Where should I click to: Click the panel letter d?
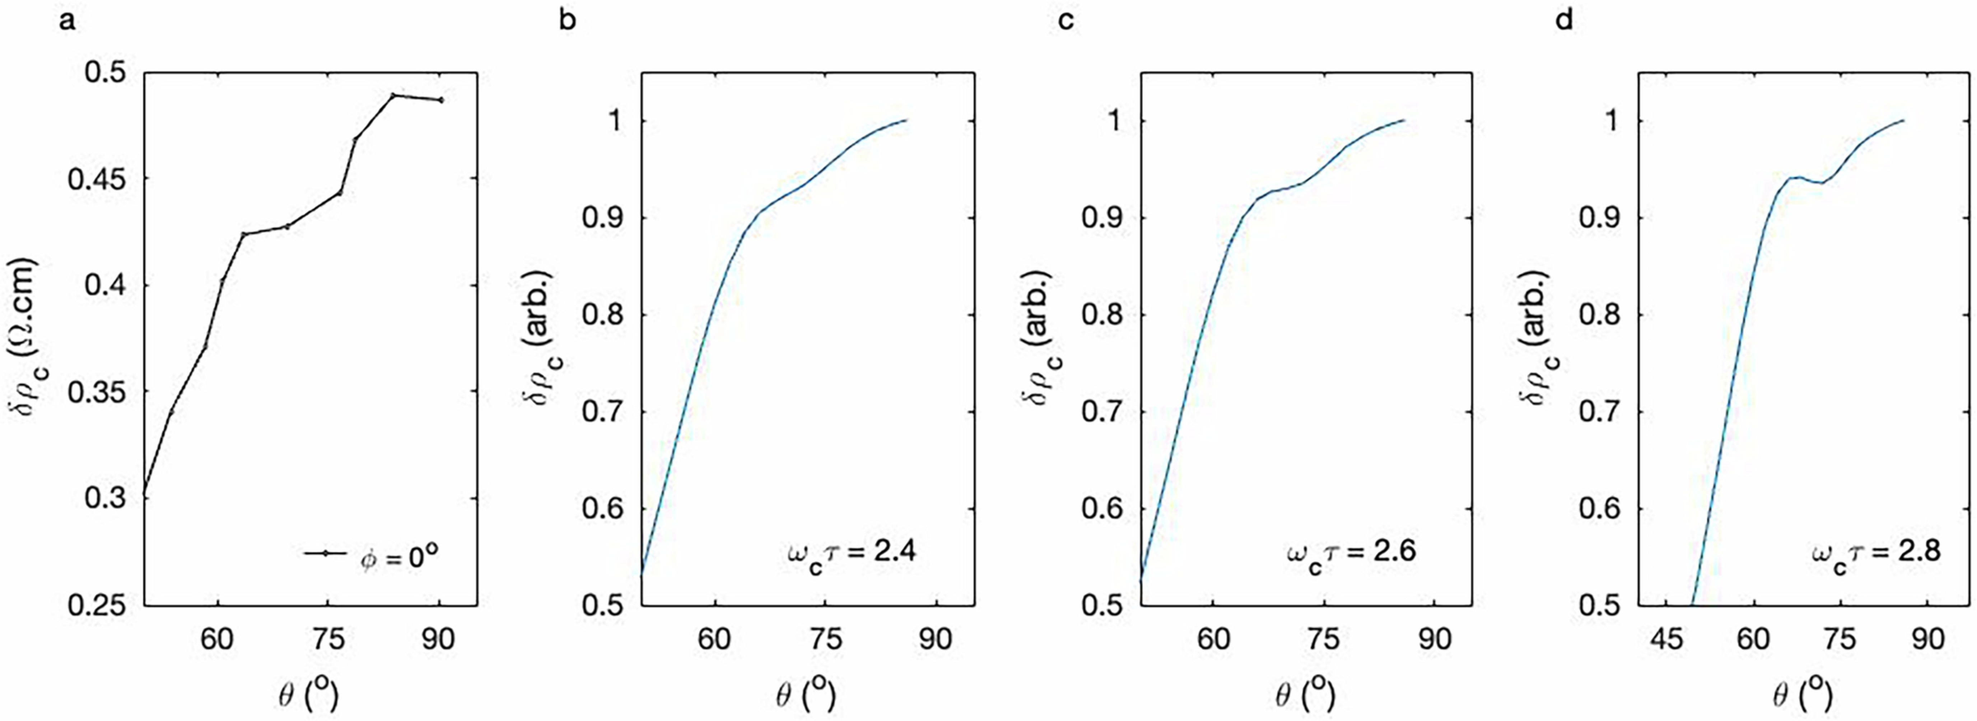coord(1563,21)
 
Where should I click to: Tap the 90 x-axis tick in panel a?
coord(438,638)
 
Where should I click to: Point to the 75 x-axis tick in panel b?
coord(825,638)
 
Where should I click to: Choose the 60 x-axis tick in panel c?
coord(1213,638)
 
